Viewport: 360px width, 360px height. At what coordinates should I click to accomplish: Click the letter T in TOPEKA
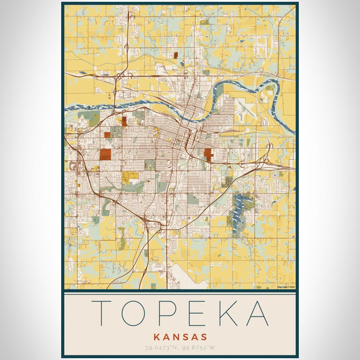[104, 313]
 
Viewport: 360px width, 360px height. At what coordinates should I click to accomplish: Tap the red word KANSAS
[180, 337]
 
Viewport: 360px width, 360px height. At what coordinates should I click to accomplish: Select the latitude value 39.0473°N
[163, 347]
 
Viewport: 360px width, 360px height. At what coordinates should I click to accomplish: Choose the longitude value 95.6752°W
[199, 347]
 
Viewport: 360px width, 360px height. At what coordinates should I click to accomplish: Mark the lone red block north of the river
[176, 55]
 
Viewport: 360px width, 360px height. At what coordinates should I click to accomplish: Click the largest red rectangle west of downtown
[105, 154]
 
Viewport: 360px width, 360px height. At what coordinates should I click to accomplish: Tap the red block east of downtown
[208, 155]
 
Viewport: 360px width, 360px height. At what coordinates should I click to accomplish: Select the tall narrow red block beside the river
[124, 121]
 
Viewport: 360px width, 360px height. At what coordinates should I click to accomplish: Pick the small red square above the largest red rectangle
[107, 135]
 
